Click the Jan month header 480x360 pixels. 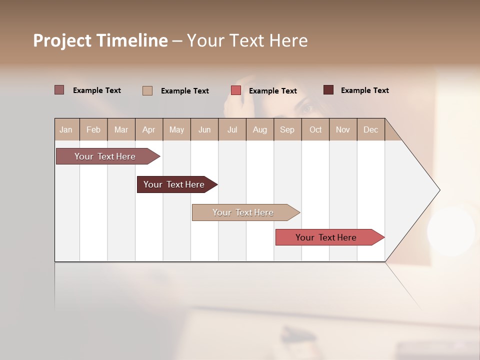[x=66, y=129]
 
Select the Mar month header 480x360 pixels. [x=121, y=129]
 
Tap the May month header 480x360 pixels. [x=176, y=129]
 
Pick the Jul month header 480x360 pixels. [x=232, y=129]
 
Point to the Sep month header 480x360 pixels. [x=287, y=129]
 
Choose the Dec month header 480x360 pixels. [x=370, y=129]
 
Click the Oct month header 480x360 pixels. [x=315, y=129]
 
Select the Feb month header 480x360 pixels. [x=93, y=129]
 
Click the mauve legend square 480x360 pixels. [x=59, y=90]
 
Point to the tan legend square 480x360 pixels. [x=147, y=90]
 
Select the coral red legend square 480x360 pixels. [x=236, y=90]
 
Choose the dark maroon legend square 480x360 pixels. [x=328, y=90]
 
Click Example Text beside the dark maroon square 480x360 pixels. [x=364, y=90]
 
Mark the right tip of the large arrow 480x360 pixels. [x=439, y=190]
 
